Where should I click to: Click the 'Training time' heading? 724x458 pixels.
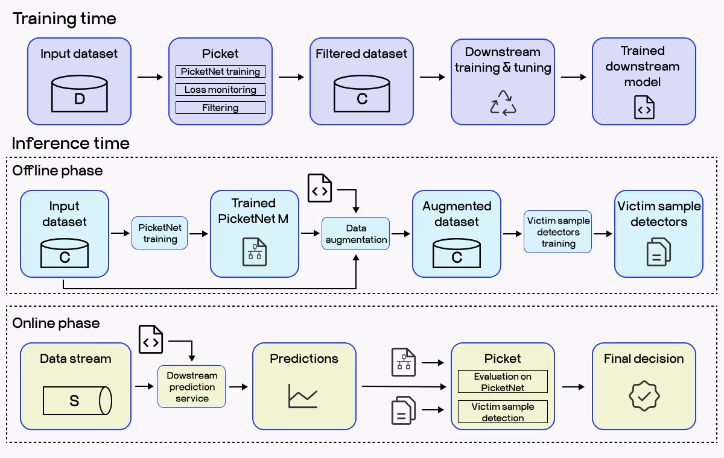65,19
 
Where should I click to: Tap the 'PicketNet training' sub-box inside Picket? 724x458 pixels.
220,72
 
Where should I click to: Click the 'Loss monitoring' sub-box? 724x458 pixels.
220,90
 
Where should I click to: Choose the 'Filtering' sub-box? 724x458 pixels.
220,108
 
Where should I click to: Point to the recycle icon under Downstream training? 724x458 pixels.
503,102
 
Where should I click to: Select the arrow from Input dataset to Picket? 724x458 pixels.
150,77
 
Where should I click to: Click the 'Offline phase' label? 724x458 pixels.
58,171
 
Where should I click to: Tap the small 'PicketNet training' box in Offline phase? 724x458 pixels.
160,234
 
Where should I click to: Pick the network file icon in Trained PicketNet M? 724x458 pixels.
254,251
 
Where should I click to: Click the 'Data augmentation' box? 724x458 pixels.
356,234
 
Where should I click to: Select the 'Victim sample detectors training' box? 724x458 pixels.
558,232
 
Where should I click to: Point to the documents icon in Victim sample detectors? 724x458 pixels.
658,251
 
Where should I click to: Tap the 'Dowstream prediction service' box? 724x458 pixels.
192,387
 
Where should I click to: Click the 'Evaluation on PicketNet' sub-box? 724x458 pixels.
503,382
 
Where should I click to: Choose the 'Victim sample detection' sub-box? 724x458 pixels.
503,412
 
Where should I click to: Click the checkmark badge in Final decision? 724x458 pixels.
644,395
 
